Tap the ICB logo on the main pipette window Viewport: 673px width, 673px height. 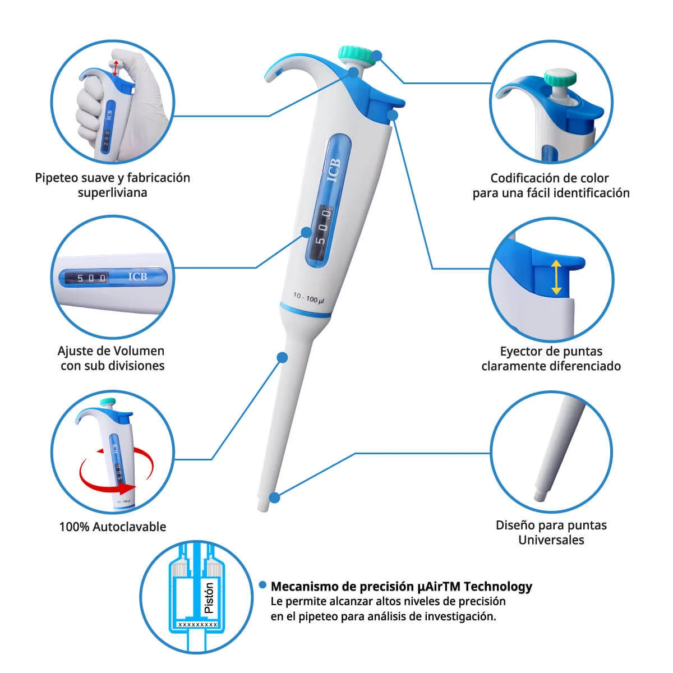click(x=334, y=170)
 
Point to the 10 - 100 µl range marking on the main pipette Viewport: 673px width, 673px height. click(x=308, y=298)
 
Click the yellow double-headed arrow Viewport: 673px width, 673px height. click(x=556, y=277)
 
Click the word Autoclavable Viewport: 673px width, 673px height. click(x=129, y=526)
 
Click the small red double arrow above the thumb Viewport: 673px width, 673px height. click(x=116, y=68)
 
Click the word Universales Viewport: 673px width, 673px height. click(x=551, y=540)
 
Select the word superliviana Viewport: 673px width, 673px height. click(x=113, y=193)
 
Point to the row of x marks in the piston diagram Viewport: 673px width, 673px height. click(x=197, y=624)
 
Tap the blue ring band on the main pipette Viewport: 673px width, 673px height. click(x=305, y=310)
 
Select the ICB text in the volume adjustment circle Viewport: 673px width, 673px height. click(x=137, y=276)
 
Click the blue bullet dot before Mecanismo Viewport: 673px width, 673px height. click(x=262, y=585)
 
